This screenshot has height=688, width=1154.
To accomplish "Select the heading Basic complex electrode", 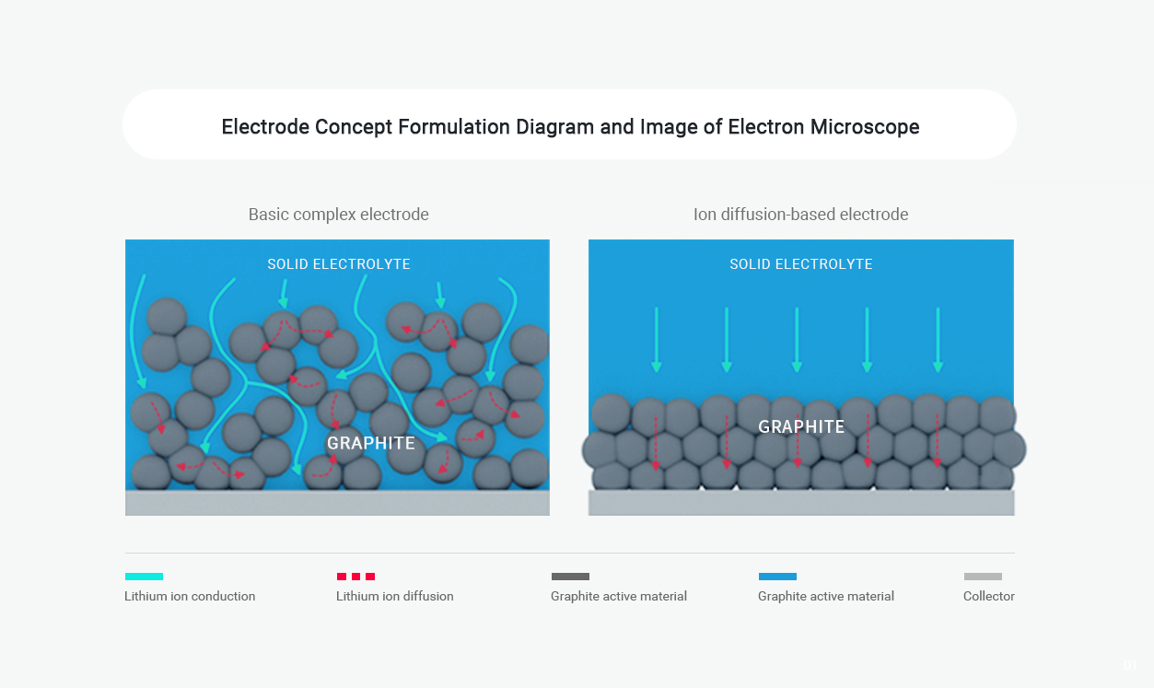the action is [339, 215].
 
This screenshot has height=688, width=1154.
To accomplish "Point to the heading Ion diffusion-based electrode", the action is [800, 215].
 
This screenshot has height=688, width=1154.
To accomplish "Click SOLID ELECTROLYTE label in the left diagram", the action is [339, 264].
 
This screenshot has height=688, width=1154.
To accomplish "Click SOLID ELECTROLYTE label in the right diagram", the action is [801, 264].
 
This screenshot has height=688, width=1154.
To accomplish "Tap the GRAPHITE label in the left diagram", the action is [371, 443].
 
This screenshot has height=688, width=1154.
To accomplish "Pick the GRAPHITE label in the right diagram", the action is [801, 426].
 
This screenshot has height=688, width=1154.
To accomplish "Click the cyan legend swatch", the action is [145, 577].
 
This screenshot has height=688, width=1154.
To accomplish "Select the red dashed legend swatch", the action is [356, 577].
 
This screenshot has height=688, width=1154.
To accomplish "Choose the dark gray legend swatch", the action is [570, 577].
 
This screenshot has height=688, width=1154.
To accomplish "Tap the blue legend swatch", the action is [777, 577].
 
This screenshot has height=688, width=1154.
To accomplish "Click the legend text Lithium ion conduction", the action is [190, 596].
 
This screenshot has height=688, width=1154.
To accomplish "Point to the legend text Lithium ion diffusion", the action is [394, 596].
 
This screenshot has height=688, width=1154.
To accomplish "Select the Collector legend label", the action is [988, 596].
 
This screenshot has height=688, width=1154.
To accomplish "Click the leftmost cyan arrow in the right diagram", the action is [657, 340].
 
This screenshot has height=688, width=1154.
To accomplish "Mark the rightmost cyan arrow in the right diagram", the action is [938, 340].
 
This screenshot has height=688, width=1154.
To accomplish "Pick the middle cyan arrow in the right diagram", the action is [797, 340].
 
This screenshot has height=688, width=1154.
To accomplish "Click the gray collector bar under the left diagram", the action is [337, 503].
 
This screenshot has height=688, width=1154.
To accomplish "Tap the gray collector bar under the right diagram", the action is [801, 503].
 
